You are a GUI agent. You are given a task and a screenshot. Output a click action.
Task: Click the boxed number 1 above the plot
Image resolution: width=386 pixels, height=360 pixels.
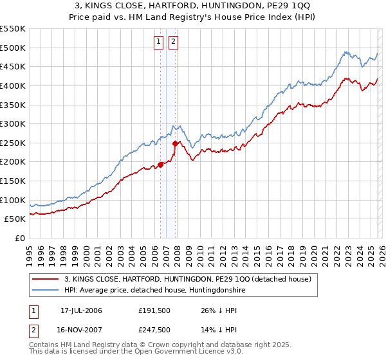click(159, 42)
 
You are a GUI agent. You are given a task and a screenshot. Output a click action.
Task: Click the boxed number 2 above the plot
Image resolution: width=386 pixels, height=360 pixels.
click(174, 42)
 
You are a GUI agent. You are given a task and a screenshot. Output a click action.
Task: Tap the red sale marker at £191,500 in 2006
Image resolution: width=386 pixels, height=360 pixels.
click(160, 165)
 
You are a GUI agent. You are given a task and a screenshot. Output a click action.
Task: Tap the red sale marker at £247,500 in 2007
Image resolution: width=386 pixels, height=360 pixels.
click(176, 143)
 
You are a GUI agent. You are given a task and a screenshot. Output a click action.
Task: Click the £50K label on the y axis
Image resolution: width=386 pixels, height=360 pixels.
click(15, 219)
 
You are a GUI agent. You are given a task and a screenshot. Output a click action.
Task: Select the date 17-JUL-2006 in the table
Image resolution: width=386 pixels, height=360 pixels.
click(80, 310)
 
